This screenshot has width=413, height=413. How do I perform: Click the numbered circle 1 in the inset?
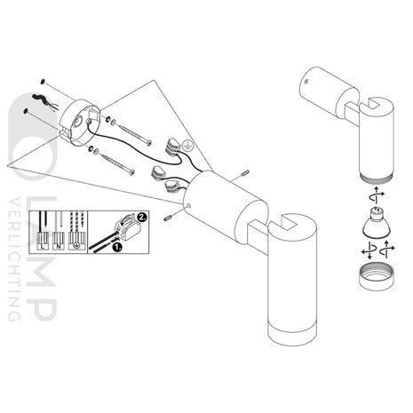(x=117, y=247)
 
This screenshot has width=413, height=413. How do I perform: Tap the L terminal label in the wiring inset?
(x=43, y=245)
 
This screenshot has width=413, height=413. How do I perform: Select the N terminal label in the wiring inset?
(x=59, y=245)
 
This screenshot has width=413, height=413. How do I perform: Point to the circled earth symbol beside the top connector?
(x=187, y=144)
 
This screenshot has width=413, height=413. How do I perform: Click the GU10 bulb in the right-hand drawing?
(x=376, y=223)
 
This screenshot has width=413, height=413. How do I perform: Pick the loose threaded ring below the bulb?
(x=376, y=277)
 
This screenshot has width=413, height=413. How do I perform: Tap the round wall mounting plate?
(x=79, y=123)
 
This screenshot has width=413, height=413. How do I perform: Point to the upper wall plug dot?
(x=44, y=81)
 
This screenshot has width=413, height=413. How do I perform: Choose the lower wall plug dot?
(x=26, y=111)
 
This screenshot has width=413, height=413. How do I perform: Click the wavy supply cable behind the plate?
(x=41, y=99)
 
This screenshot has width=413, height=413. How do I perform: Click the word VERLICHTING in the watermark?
(x=14, y=259)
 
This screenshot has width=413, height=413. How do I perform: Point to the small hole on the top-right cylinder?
(x=307, y=81)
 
